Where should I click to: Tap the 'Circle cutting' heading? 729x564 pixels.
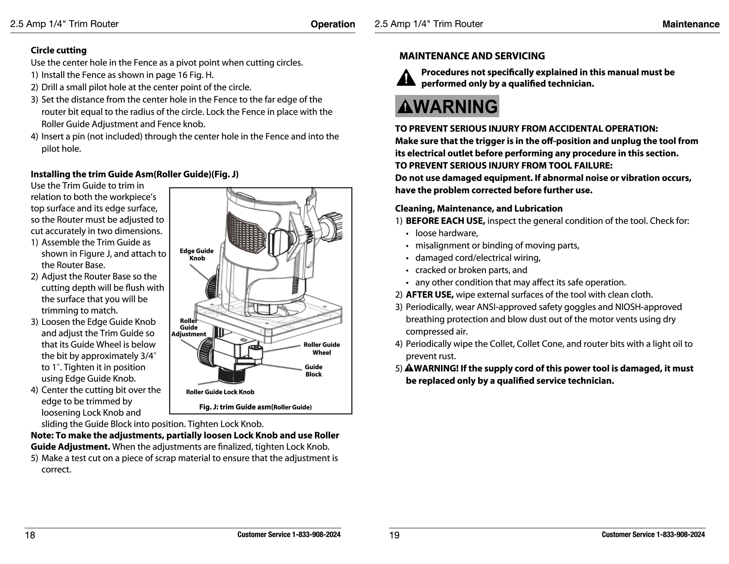59,50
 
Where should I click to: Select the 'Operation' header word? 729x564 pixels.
332,24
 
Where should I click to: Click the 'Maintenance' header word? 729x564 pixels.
691,24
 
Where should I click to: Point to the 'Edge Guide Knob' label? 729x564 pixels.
197,254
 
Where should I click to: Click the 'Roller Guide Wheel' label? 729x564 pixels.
321,348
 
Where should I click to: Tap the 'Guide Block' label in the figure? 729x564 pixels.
314,370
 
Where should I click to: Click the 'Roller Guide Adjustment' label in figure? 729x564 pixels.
189,327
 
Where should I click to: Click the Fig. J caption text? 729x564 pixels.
255,407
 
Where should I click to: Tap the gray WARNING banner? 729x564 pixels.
447,106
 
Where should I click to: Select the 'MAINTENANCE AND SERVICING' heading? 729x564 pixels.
472,56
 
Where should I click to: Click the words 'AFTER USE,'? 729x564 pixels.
430,295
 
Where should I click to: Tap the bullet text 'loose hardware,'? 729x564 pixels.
447,233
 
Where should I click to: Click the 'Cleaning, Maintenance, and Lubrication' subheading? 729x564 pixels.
479,209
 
